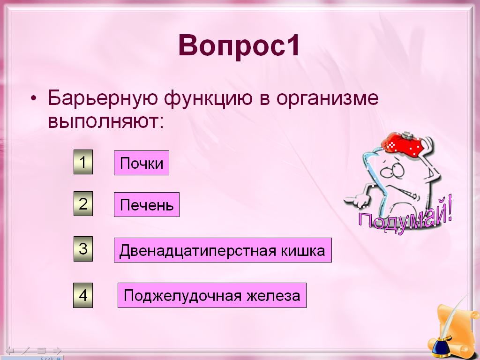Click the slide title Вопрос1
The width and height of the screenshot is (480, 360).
[x=240, y=45]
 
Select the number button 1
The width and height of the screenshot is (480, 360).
[x=83, y=162]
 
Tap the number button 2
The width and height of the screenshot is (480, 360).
[x=83, y=203]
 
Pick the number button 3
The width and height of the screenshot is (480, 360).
[x=83, y=249]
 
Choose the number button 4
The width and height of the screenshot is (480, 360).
[x=83, y=295]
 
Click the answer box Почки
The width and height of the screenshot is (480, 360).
[x=142, y=163]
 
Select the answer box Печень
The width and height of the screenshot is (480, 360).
[x=147, y=204]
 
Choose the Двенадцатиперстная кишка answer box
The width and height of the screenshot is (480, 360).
[x=223, y=250]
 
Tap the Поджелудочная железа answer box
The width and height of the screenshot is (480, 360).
[x=212, y=295]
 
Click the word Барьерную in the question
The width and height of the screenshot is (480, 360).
[x=103, y=98]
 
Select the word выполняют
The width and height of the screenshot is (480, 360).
[x=105, y=121]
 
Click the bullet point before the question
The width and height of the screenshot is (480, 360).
[x=33, y=99]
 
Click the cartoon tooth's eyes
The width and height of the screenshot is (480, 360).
[x=393, y=171]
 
